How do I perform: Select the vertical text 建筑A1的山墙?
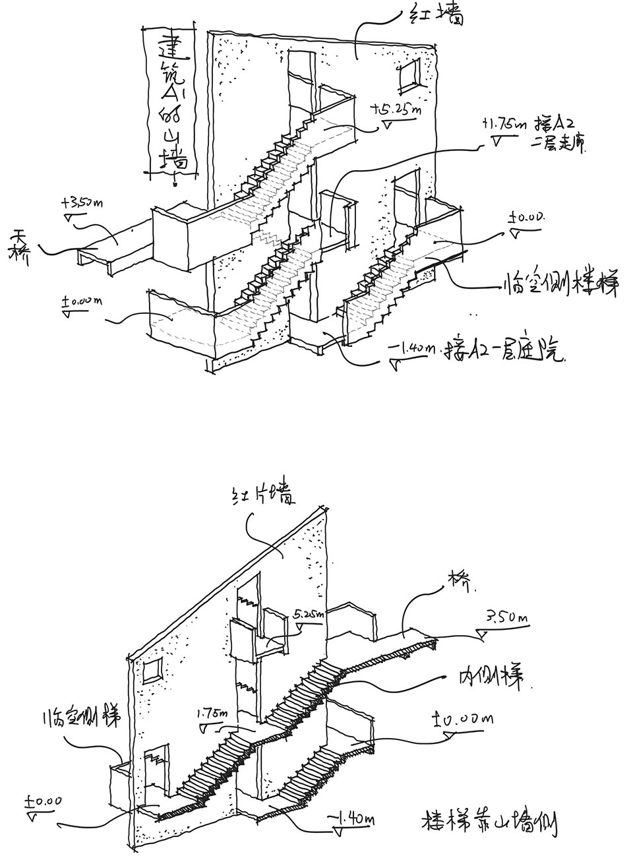(172, 102)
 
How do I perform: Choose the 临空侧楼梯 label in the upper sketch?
(558, 284)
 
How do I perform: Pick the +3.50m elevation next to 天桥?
(83, 202)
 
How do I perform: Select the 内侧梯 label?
(491, 677)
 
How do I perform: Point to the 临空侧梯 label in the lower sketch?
(80, 717)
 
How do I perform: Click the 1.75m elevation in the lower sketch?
(212, 714)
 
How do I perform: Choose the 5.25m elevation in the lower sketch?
(307, 615)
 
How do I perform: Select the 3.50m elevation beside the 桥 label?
(507, 618)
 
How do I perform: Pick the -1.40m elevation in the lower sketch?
(353, 819)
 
